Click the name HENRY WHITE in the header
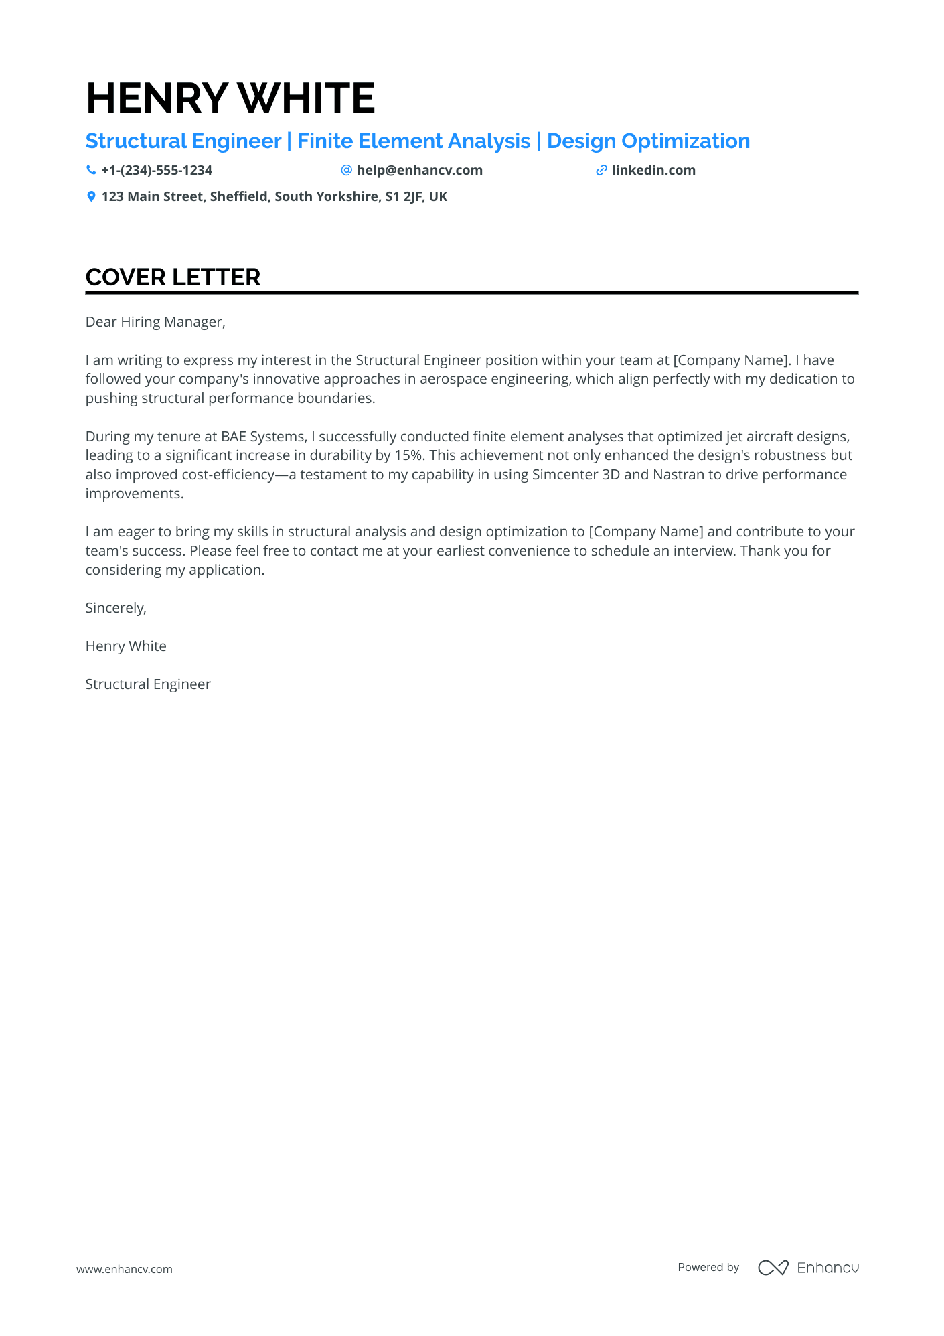point(230,98)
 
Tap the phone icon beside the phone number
point(91,170)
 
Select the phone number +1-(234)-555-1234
point(157,170)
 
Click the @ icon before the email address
point(346,170)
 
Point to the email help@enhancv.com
point(419,170)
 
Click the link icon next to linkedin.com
point(601,170)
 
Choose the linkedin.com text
point(653,170)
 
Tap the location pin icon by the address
point(91,196)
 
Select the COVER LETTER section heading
point(173,277)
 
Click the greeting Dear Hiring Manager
point(155,322)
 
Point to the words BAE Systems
point(262,437)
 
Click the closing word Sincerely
point(115,608)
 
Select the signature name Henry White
point(126,646)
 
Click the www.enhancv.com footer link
point(125,1269)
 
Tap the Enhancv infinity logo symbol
point(773,1268)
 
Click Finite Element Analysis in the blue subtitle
point(414,141)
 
